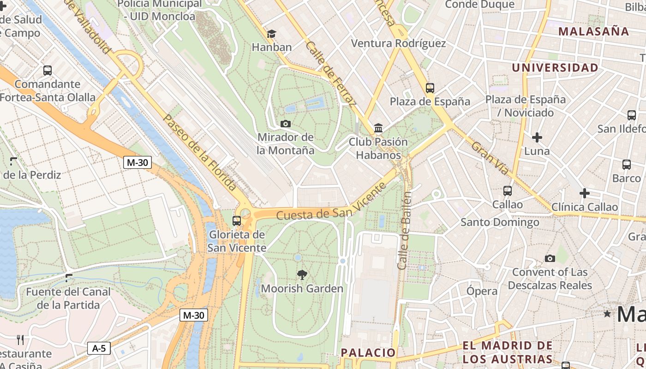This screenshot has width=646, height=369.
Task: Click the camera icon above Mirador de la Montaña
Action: pyautogui.click(x=286, y=124)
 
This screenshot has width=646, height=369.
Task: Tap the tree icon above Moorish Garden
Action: pyautogui.click(x=302, y=275)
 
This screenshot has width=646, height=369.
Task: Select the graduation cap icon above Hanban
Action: pyautogui.click(x=272, y=34)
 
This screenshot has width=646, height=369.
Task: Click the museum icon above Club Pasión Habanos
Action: pyautogui.click(x=378, y=128)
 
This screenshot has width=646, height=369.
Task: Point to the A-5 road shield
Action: pyautogui.click(x=99, y=348)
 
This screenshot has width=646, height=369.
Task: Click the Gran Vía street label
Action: pyautogui.click(x=490, y=158)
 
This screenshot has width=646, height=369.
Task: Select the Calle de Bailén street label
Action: pyautogui.click(x=404, y=231)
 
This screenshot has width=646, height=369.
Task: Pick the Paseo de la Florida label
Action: pyautogui.click(x=200, y=152)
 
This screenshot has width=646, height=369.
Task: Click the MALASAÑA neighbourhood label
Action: pyautogui.click(x=593, y=31)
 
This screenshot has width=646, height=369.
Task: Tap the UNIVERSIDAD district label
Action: pyautogui.click(x=555, y=68)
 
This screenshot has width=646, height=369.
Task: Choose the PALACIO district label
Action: pyautogui.click(x=368, y=353)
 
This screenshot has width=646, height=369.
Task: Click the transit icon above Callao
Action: pyautogui.click(x=508, y=190)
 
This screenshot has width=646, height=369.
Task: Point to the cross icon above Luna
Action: pyautogui.click(x=537, y=137)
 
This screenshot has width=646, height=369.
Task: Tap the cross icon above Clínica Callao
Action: pyautogui.click(x=585, y=193)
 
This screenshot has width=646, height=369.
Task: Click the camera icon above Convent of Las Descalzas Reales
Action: pyautogui.click(x=550, y=258)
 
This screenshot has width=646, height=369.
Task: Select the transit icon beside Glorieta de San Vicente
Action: pyautogui.click(x=237, y=220)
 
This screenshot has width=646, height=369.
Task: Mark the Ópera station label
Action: pyautogui.click(x=482, y=291)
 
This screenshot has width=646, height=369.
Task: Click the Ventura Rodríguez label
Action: pyautogui.click(x=398, y=43)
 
